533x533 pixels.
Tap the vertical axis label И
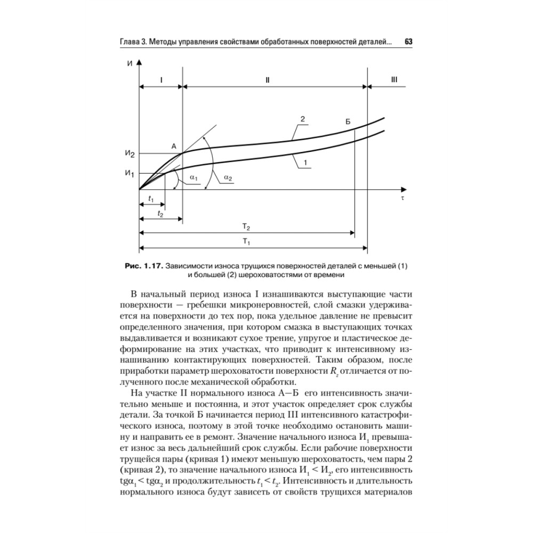[130, 64]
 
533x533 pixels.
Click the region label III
[394, 79]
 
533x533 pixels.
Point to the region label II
[268, 79]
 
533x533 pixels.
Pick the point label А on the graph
[173, 146]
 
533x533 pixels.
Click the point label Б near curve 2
[348, 122]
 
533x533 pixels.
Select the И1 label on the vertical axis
[130, 173]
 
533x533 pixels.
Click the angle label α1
[194, 177]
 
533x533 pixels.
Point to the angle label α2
[228, 177]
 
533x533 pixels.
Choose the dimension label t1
[151, 199]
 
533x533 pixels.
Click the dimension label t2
[160, 212]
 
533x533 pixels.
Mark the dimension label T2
[246, 227]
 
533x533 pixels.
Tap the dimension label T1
[246, 241]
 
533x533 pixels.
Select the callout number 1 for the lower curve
[305, 163]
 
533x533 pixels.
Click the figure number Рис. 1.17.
[143, 265]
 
